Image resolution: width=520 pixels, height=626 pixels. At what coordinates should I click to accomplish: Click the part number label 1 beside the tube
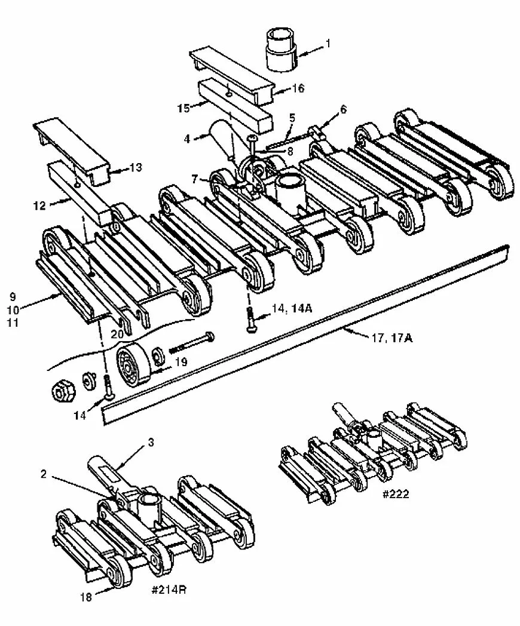point(328,43)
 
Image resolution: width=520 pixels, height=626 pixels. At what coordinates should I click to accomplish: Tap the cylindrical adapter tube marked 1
point(282,50)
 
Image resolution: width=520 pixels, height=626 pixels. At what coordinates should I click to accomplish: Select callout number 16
point(298,88)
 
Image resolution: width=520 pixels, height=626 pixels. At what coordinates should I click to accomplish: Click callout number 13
point(136,167)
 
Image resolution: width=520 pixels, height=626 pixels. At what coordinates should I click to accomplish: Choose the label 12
point(39,205)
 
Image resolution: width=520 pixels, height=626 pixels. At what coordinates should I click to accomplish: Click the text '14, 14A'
point(292,309)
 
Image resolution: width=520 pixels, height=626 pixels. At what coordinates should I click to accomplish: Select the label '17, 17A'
point(392,337)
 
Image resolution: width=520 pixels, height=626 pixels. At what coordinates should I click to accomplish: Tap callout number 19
point(181,362)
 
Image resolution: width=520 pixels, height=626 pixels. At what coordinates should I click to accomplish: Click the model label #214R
point(169,590)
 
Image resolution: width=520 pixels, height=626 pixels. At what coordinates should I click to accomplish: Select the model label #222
point(396,494)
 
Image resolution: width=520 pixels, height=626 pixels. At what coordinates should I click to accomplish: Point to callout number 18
point(86,597)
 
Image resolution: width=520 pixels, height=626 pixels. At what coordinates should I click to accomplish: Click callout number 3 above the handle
point(151,442)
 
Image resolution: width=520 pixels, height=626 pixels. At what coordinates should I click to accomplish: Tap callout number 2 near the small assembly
point(43,474)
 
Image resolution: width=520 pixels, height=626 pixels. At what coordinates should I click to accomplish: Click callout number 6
point(344,109)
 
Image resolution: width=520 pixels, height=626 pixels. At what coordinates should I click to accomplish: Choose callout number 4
point(187,139)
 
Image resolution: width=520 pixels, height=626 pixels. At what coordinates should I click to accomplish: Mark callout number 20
point(117,334)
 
